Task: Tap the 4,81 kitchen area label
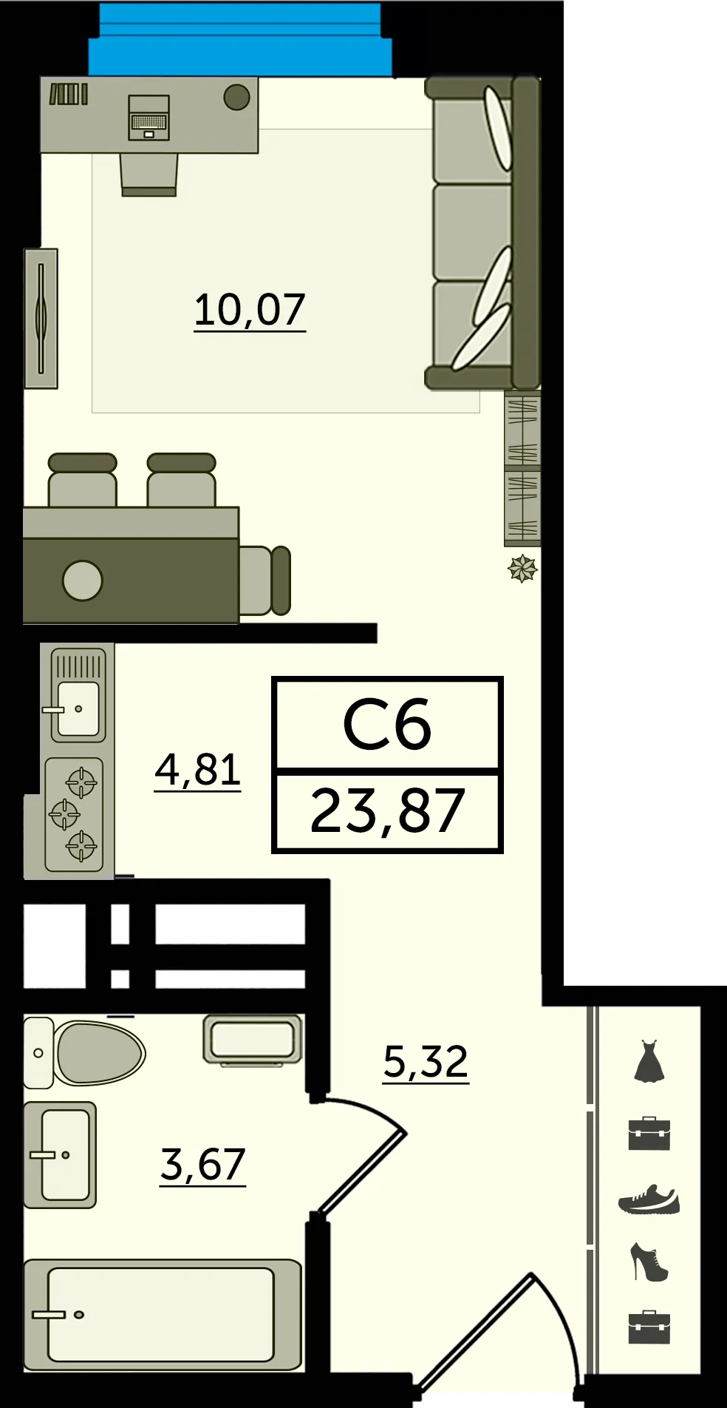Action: (198, 770)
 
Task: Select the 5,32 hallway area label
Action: (426, 1062)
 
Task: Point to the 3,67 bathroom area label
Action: (202, 1165)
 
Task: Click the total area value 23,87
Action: (387, 811)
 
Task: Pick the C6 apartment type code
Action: (387, 725)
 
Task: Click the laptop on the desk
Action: (149, 118)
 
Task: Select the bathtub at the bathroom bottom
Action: (163, 1315)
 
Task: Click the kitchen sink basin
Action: (78, 708)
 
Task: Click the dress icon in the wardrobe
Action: (649, 1062)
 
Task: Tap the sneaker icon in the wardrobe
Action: (649, 1200)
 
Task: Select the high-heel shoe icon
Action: (649, 1262)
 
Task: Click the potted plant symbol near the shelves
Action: (522, 569)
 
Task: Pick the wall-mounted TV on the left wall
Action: (41, 318)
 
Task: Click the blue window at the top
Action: (240, 39)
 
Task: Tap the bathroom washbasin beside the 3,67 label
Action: (60, 1155)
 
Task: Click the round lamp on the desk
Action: (236, 97)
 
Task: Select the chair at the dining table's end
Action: (264, 581)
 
